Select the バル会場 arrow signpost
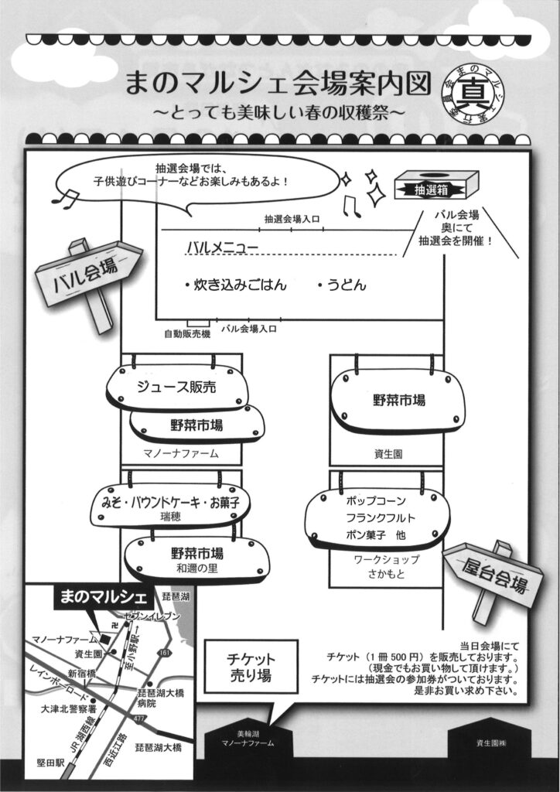[89, 275]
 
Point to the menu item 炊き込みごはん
[235, 285]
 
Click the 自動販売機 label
[186, 334]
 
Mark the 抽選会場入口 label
[292, 219]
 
